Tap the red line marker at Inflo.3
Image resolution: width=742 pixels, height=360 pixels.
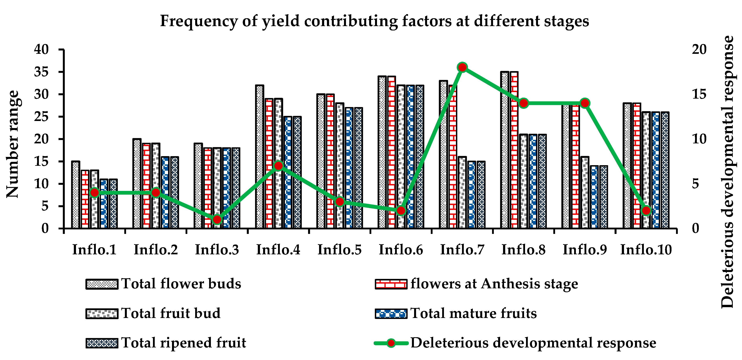[217, 220]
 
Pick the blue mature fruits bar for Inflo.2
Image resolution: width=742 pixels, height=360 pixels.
[165, 193]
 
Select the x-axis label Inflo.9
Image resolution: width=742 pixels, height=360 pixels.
[585, 250]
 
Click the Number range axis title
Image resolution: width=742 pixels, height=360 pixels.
[13, 144]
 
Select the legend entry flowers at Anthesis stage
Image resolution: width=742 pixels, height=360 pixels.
[494, 284]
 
